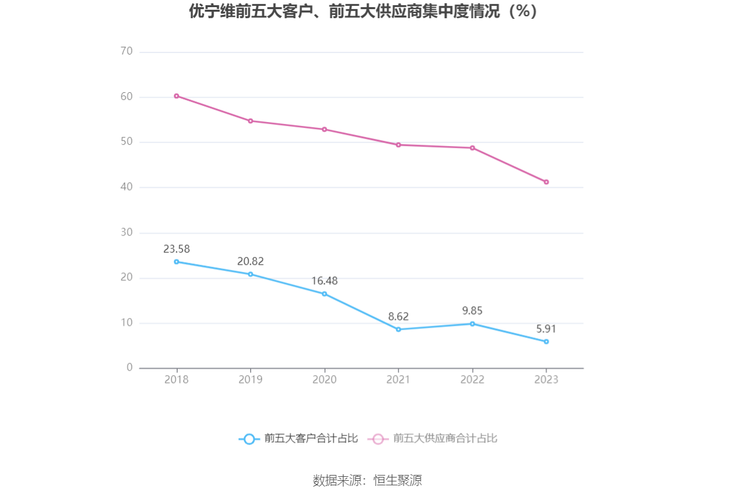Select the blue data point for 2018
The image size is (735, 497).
point(176,261)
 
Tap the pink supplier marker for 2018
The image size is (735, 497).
point(176,96)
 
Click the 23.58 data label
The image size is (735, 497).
point(176,249)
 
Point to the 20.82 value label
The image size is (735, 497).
point(250,261)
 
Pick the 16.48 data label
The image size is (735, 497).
point(324,281)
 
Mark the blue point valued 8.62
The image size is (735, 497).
point(399,330)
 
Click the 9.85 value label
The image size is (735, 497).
point(472,311)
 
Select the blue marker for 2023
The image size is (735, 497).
point(546,341)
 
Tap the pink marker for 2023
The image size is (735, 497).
point(546,182)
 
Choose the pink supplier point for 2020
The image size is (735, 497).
point(324,129)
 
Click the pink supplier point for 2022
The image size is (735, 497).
point(472,148)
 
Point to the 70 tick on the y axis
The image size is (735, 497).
point(126,52)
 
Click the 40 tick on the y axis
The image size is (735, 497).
point(126,188)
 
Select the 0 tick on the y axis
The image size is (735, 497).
point(130,368)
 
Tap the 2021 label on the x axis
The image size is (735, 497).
point(399,380)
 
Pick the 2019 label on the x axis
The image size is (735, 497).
point(250,380)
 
